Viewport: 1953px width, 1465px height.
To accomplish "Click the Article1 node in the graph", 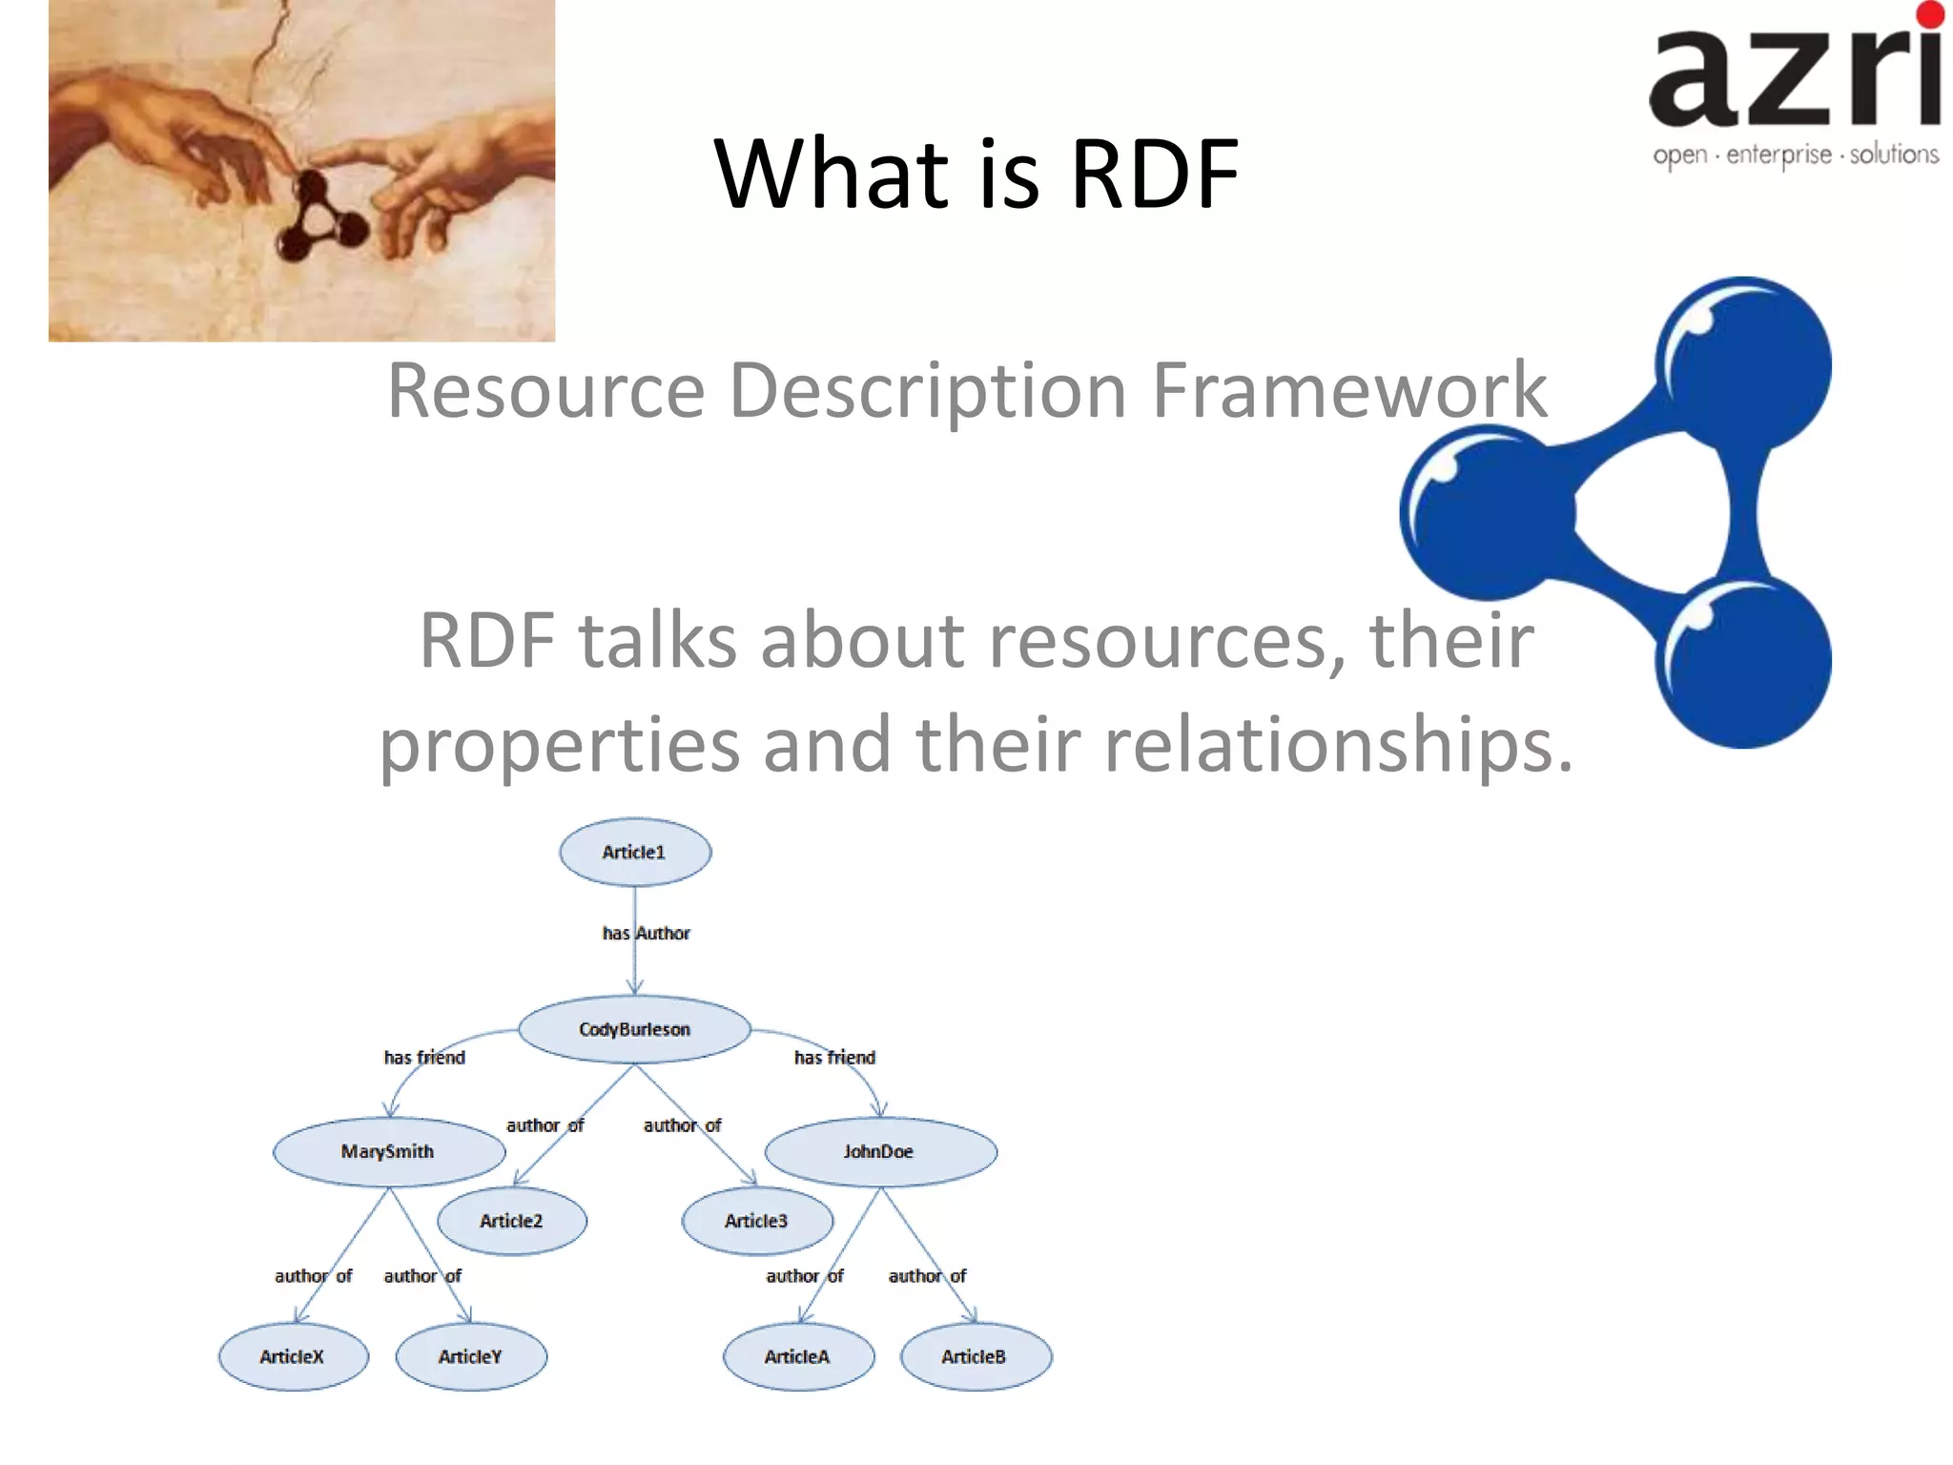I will (634, 852).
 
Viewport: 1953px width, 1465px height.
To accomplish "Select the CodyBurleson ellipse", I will (634, 1029).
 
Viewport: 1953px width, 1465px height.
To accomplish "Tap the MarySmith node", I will (388, 1151).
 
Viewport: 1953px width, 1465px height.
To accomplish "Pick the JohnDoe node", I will (880, 1151).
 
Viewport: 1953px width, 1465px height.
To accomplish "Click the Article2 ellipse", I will (512, 1221).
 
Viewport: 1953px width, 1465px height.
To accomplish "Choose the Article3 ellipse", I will (757, 1221).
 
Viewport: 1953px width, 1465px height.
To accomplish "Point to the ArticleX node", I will (293, 1356).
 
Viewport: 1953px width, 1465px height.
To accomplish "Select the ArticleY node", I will (470, 1356).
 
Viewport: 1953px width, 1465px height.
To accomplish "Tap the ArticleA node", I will (798, 1356).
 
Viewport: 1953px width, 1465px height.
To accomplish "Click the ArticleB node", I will (975, 1356).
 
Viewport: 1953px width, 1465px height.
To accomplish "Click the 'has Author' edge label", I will (646, 933).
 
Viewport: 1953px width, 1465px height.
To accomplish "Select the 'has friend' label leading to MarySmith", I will (424, 1057).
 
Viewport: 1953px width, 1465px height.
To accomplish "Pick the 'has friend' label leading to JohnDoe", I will (834, 1057).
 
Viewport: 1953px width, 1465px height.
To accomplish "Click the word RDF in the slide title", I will (1154, 174).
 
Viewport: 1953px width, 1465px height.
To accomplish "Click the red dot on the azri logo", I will (1929, 14).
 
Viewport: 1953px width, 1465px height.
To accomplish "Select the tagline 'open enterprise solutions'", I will (1795, 155).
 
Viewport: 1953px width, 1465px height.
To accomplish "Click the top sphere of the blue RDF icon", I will (1743, 364).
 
